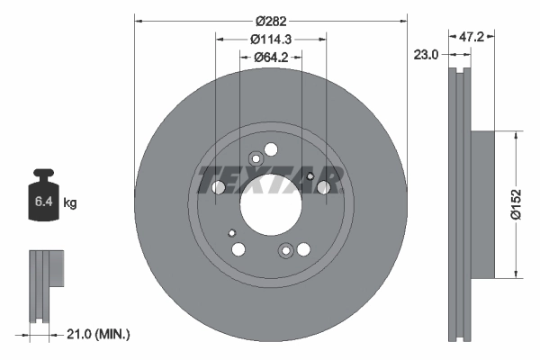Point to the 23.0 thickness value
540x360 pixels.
[x=427, y=55]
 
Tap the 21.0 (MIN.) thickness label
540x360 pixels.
[x=98, y=334]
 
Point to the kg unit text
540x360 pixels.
[x=70, y=203]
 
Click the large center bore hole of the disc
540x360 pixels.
[x=270, y=205]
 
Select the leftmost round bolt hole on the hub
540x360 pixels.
[x=218, y=188]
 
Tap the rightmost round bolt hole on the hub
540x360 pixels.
[x=324, y=188]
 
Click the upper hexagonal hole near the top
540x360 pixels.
[x=255, y=160]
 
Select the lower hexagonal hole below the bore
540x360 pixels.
[x=286, y=250]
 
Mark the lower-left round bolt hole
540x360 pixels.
[x=238, y=249]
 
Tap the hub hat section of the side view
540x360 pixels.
[x=482, y=204]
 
